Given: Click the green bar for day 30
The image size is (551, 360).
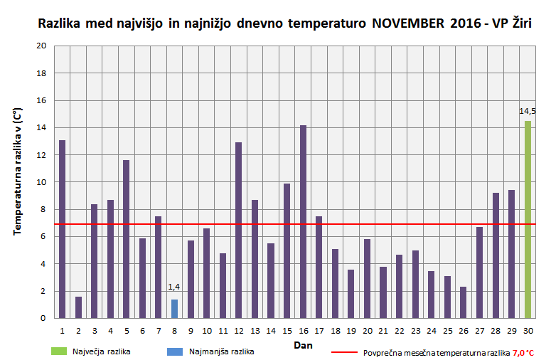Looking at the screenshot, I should [x=528, y=220].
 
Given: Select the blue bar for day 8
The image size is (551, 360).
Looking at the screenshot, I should [x=174, y=309].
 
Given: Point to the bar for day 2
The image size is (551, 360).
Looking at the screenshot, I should [x=78, y=307].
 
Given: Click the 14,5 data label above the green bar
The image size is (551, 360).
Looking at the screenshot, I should [x=528, y=111].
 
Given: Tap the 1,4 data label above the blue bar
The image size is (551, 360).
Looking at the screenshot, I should [x=174, y=287].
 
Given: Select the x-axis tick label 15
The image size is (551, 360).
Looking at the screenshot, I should [x=287, y=331].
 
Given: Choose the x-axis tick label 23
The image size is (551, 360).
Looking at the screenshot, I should [x=415, y=331].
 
